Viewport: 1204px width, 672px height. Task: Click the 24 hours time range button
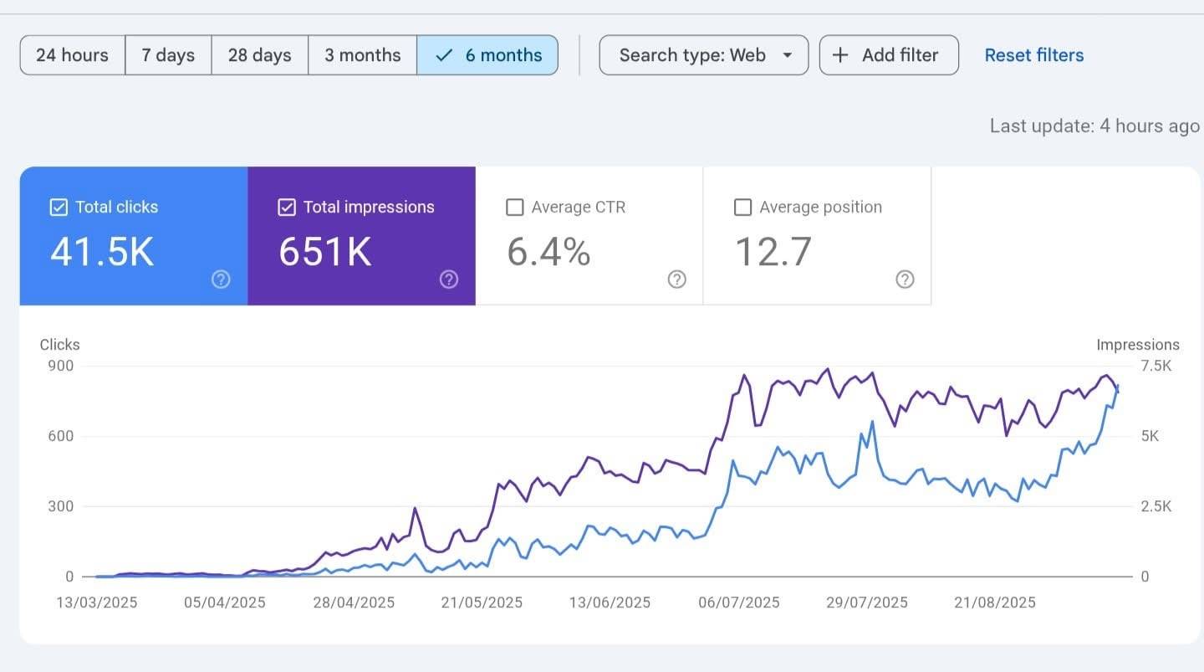coord(72,55)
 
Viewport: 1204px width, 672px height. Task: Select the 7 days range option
coord(168,55)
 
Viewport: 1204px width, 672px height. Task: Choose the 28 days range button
coord(259,55)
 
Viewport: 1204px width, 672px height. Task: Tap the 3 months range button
coord(362,55)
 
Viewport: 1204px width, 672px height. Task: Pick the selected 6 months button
coord(487,55)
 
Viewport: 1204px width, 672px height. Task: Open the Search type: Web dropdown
coord(704,55)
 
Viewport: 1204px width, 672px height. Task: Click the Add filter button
coord(888,55)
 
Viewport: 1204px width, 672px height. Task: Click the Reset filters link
coord(1033,55)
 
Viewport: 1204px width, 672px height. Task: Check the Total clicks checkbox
coord(59,208)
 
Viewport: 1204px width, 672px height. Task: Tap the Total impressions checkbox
coord(287,208)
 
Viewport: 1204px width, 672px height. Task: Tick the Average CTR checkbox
coord(515,208)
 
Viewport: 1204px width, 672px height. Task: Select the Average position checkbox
coord(742,208)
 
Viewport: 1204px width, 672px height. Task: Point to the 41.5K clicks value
coord(102,252)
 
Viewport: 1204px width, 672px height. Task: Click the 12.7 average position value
coord(773,252)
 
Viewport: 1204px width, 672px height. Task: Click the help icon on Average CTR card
coord(676,280)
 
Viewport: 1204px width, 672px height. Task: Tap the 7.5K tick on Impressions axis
coord(1156,366)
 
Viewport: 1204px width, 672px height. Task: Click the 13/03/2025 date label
coord(97,603)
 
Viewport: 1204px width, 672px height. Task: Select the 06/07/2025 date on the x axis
coord(739,603)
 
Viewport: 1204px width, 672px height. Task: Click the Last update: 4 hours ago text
coord(1094,126)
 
